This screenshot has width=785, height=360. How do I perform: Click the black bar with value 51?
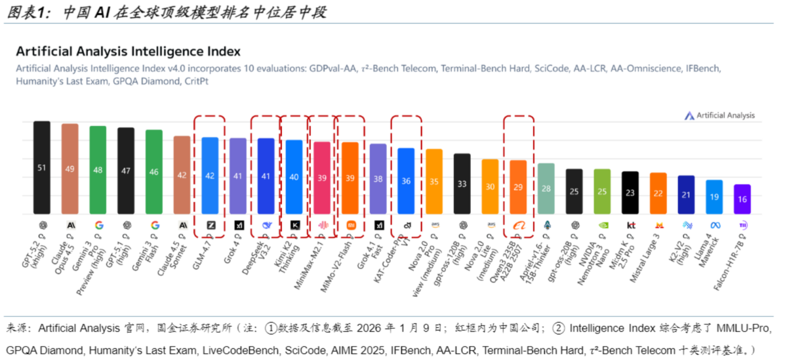coord(42,167)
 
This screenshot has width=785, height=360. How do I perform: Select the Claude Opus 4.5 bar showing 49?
coord(70,169)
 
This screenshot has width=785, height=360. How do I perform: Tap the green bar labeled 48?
coord(98,170)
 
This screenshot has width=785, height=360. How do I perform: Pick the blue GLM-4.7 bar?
coord(210,175)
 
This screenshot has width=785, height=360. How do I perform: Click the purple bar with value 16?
coord(742,199)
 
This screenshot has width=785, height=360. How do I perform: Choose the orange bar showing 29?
coord(518,187)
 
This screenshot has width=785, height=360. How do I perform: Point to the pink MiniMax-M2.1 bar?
coord(322,178)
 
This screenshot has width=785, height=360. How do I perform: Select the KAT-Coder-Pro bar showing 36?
coord(406,181)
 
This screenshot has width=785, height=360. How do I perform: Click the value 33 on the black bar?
coord(462,184)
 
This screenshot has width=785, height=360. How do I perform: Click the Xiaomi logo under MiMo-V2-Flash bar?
coord(350,225)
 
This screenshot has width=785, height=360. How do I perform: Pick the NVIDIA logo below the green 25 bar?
coord(602,225)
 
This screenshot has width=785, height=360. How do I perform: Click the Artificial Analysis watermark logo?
coord(689,115)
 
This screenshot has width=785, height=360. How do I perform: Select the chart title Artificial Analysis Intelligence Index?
coord(128,51)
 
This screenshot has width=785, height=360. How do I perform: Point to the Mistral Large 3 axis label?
coord(645,249)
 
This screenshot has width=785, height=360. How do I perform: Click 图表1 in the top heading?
coord(28,12)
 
